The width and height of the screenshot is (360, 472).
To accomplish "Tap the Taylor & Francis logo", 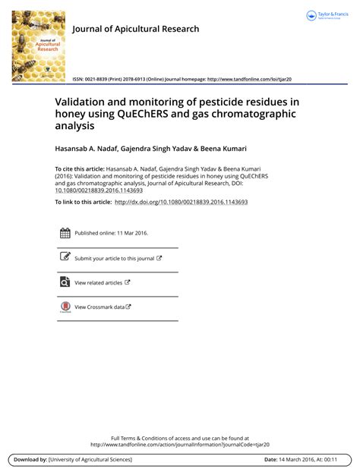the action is pyautogui.click(x=326, y=16).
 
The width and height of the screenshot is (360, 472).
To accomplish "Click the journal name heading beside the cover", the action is pyautogui.click(x=136, y=29).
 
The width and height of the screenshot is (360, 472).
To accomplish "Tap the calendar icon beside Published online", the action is pyautogui.click(x=65, y=234).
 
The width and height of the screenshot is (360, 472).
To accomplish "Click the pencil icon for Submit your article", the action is pyautogui.click(x=65, y=258).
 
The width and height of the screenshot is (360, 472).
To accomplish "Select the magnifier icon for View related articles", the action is pyautogui.click(x=65, y=282).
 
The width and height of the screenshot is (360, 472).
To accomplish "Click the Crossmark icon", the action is pyautogui.click(x=65, y=307).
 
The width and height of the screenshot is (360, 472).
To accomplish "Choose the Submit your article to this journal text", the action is pyautogui.click(x=114, y=259).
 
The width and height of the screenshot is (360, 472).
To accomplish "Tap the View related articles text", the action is pyautogui.click(x=98, y=283).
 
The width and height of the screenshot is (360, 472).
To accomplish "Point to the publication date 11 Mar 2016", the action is pyautogui.click(x=131, y=234).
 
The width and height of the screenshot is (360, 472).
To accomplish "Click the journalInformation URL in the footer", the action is pyautogui.click(x=179, y=445).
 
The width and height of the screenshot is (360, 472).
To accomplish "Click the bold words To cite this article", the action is pyautogui.click(x=82, y=168).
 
